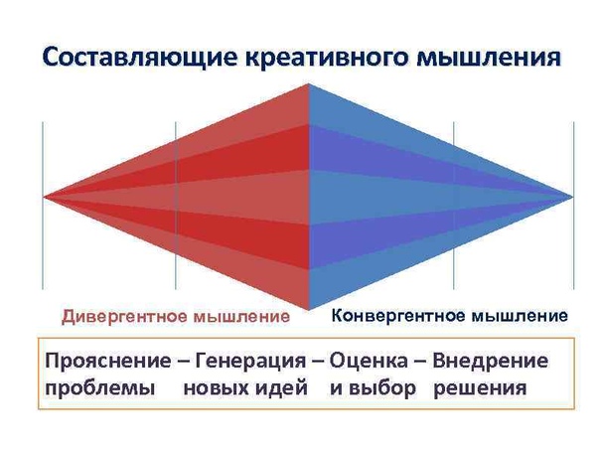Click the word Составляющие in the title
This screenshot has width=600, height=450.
[139, 59]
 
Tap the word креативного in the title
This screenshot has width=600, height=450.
[327, 58]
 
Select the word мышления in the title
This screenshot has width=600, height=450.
[489, 58]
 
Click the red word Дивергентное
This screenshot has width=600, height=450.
[125, 317]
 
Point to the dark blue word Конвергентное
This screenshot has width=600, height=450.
[398, 316]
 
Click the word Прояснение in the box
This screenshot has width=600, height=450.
[108, 361]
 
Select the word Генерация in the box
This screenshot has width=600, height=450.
[250, 361]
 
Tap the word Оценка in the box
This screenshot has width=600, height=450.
[369, 361]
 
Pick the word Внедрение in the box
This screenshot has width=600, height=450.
[490, 361]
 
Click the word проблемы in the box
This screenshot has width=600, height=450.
[100, 388]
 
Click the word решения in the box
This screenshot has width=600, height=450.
[480, 388]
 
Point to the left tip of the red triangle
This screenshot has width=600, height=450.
[44, 197]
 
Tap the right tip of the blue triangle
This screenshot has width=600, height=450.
[573, 197]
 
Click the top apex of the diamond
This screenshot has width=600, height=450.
[309, 84]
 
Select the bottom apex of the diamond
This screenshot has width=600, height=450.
[309, 309]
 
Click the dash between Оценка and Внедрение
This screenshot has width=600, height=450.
[420, 362]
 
